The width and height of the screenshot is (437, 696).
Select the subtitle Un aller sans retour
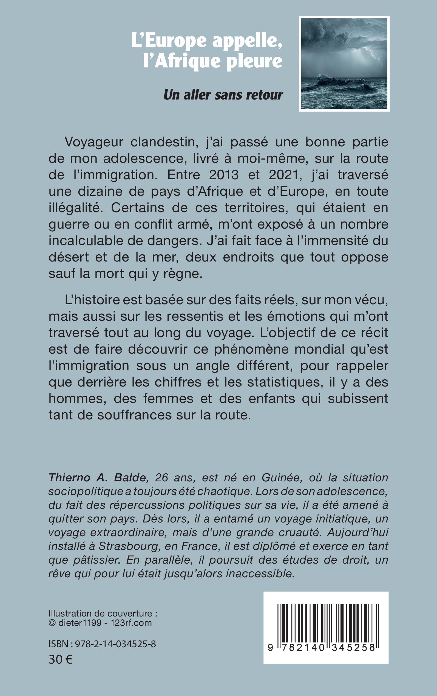(223, 95)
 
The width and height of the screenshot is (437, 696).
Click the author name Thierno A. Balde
(97, 478)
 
